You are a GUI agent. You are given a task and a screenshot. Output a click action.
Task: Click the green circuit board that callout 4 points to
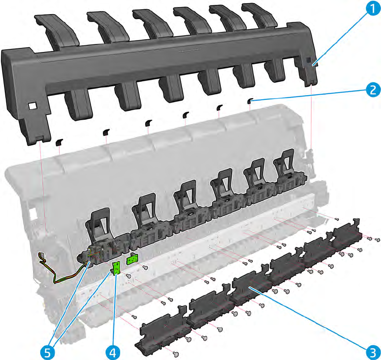click(117, 268)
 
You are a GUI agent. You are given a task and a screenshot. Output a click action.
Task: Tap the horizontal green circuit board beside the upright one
click(132, 260)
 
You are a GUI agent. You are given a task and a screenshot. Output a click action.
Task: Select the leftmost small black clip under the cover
click(59, 142)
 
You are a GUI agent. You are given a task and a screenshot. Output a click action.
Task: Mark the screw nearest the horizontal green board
click(145, 267)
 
